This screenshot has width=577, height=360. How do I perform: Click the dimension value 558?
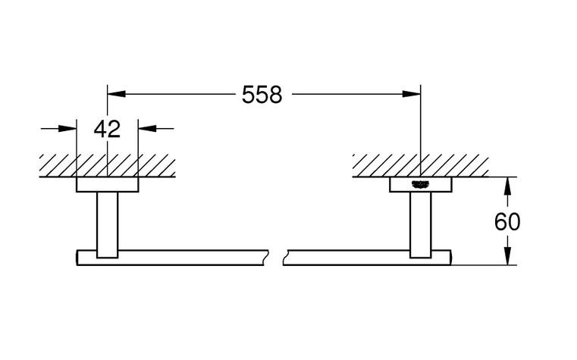(x=262, y=95)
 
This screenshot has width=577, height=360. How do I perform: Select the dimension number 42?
(x=107, y=129)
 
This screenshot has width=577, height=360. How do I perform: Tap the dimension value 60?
(x=506, y=222)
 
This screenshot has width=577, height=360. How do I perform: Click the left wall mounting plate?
(x=107, y=185)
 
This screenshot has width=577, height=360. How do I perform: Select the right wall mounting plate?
(x=420, y=185)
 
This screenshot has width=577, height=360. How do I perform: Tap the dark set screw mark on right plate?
(x=420, y=183)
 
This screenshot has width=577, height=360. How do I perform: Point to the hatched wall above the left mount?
(x=107, y=164)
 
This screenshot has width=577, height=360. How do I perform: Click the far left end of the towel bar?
(x=78, y=258)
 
